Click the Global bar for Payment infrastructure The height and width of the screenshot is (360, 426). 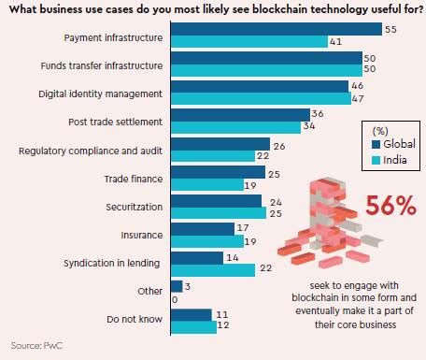tap(276, 29)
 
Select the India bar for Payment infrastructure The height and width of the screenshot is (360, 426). tap(248, 42)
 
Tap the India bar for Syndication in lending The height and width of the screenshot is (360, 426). tap(213, 270)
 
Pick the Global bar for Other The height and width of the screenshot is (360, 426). tap(177, 286)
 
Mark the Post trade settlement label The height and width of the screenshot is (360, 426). tap(115, 122)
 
